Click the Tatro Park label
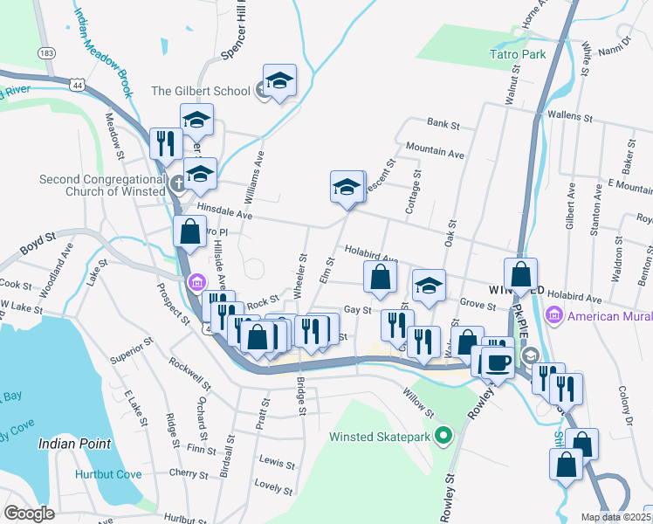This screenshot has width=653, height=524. click(x=517, y=54)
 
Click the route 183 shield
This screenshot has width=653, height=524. click(x=46, y=53)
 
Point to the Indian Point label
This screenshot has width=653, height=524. click(x=75, y=444)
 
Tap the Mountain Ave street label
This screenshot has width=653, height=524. click(x=435, y=154)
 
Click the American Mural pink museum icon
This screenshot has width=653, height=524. click(x=552, y=315)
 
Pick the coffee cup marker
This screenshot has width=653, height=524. click(x=497, y=362)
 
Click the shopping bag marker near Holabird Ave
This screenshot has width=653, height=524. click(x=380, y=278)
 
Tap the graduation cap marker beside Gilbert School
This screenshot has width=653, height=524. click(x=279, y=81)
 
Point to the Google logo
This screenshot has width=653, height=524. click(x=29, y=514)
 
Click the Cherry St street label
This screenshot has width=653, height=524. click(x=188, y=472)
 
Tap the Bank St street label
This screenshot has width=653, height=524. click(x=443, y=125)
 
